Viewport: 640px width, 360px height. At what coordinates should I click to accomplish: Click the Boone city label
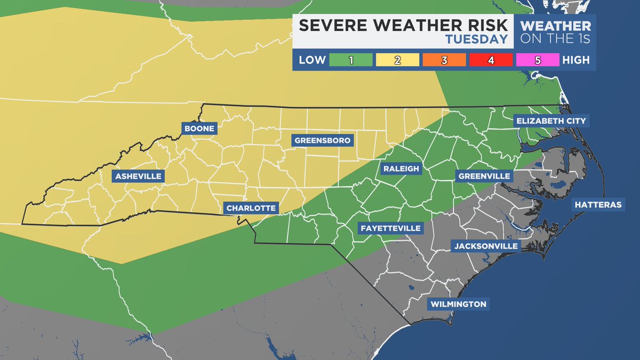coord(200,129)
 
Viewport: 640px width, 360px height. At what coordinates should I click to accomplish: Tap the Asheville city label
coord(137,176)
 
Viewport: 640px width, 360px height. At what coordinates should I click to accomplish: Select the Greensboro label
coord(322,141)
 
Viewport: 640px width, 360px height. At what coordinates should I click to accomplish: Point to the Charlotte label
coord(251,208)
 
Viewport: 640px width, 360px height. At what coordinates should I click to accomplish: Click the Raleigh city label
coord(401,169)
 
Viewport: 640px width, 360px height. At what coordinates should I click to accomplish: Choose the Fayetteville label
coord(390,228)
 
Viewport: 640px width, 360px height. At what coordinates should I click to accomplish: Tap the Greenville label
coord(484,176)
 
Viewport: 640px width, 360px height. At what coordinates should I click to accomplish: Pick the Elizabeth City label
coord(551,121)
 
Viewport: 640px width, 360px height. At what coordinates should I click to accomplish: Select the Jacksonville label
coord(486,246)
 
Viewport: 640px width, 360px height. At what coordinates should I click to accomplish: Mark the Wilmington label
coord(459,304)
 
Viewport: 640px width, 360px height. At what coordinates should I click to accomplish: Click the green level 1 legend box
coord(351,60)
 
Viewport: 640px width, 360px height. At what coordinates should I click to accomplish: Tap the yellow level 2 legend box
coord(397,60)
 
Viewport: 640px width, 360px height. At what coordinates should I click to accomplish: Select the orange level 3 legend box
coord(444,60)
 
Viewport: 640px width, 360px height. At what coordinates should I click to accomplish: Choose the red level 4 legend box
coord(491,60)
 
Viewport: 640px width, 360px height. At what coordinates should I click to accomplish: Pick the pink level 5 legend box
coord(537,60)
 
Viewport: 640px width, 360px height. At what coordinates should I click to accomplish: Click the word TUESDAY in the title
coord(476,39)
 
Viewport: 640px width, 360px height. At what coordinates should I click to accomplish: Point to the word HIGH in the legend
coord(576,60)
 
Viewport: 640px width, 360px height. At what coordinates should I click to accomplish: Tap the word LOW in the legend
coord(312,60)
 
